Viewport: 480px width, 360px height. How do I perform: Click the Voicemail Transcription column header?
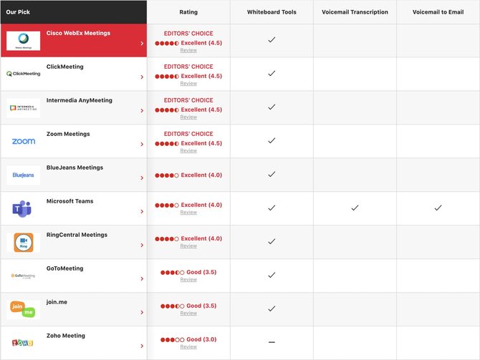(x=355, y=12)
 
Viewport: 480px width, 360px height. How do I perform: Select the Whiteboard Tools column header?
(x=272, y=12)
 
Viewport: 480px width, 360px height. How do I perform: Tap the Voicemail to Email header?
(x=438, y=12)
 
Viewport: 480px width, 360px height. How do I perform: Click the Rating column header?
(x=188, y=12)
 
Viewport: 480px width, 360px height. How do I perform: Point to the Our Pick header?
(x=18, y=12)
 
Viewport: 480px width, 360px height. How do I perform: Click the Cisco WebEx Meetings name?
(x=78, y=33)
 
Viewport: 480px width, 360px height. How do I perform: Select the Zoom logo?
(x=24, y=142)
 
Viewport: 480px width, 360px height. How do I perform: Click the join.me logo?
(x=24, y=309)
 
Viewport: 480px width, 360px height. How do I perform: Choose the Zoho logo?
(x=24, y=343)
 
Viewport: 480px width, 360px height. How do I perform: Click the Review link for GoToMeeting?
(x=188, y=280)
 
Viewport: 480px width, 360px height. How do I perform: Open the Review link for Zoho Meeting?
(x=188, y=347)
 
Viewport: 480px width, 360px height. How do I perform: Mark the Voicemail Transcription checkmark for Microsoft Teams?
(x=355, y=208)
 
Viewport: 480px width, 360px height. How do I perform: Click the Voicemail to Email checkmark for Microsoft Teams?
(x=438, y=208)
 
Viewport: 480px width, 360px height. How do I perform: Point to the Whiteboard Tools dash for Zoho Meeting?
(x=272, y=342)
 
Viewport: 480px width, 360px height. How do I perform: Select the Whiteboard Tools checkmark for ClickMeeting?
(x=272, y=73)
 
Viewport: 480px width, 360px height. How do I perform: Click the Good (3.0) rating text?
(x=201, y=339)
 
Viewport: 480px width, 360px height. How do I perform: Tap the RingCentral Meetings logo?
(x=24, y=243)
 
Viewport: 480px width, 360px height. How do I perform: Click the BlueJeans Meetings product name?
(x=75, y=167)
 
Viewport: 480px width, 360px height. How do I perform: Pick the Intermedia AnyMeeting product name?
(x=79, y=100)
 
